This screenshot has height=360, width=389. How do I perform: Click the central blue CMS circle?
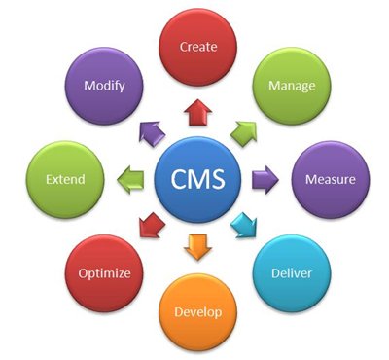(x=198, y=181)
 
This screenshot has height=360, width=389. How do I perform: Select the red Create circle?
(x=197, y=46)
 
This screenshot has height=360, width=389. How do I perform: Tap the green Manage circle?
(x=292, y=85)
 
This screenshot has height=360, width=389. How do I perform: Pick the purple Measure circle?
(x=331, y=180)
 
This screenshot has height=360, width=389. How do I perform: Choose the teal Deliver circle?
(x=292, y=273)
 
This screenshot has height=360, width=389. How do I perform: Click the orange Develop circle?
(x=198, y=312)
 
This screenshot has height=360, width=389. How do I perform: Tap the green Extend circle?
(x=64, y=180)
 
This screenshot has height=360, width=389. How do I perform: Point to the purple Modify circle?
(x=103, y=86)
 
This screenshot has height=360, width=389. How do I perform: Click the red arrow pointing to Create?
(x=198, y=113)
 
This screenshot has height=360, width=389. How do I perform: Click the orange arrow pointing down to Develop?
(x=198, y=247)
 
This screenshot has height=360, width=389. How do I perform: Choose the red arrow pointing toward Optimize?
(x=151, y=228)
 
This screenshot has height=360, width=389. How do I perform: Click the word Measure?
(x=331, y=180)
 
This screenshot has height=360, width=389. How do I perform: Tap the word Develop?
(x=198, y=312)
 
